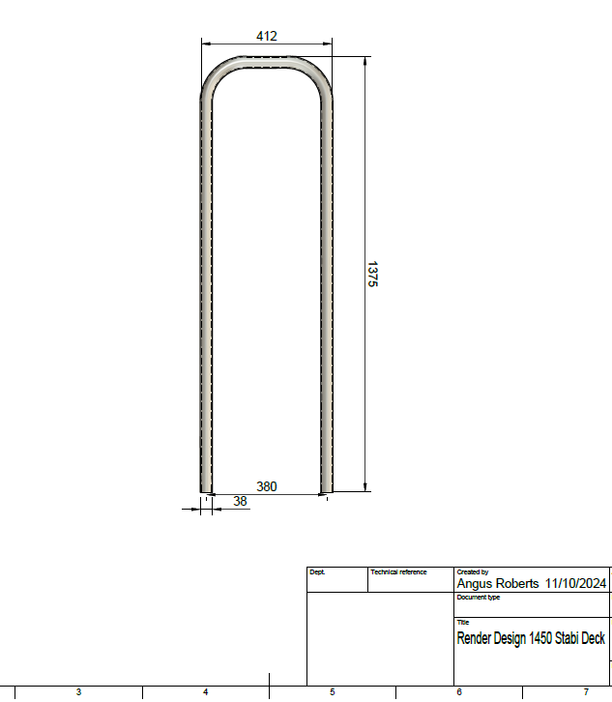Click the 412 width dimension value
pyautogui.click(x=267, y=36)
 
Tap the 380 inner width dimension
pyautogui.click(x=266, y=486)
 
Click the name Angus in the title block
pyautogui.click(x=477, y=584)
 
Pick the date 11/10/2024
pyautogui.click(x=575, y=584)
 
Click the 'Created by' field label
pyautogui.click(x=472, y=572)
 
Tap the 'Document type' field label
pyautogui.click(x=478, y=598)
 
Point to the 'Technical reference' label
pyautogui.click(x=398, y=572)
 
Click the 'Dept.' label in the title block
pyautogui.click(x=317, y=572)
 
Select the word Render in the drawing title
pyautogui.click(x=475, y=639)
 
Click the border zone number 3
pyautogui.click(x=78, y=692)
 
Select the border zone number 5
pyautogui.click(x=332, y=692)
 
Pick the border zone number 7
pyautogui.click(x=586, y=692)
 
